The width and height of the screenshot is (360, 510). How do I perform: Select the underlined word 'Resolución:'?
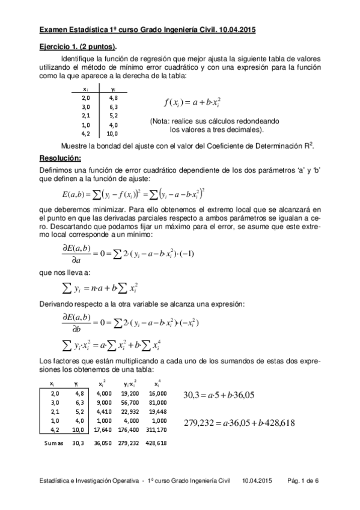(x=59, y=158)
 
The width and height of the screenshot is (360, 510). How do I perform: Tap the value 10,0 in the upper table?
(x=113, y=134)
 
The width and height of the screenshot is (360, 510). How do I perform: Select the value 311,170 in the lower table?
(x=157, y=429)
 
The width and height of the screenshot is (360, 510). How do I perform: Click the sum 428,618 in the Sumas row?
(x=157, y=443)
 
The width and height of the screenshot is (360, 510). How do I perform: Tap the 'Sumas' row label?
(x=50, y=443)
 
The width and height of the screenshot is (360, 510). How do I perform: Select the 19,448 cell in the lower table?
(x=158, y=411)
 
